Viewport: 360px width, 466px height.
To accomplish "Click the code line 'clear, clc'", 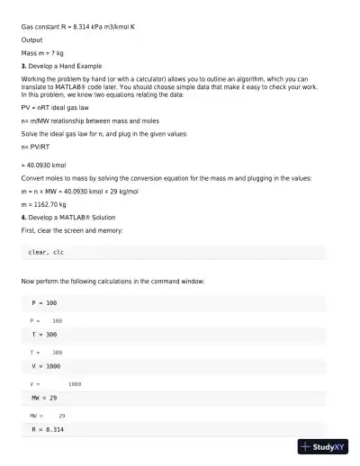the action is pyautogui.click(x=45, y=253).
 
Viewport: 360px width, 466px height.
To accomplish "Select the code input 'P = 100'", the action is pyautogui.click(x=44, y=303).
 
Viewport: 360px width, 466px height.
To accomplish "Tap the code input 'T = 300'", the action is pyautogui.click(x=44, y=335).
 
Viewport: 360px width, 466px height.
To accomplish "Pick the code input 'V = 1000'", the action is pyautogui.click(x=46, y=366).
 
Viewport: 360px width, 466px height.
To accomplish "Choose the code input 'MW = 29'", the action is pyautogui.click(x=44, y=397).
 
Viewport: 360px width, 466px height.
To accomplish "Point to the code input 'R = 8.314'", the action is pyautogui.click(x=48, y=430).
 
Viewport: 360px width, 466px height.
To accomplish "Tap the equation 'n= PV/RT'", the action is pyautogui.click(x=36, y=145).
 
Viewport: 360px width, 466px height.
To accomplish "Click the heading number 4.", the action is pyautogui.click(x=23, y=218).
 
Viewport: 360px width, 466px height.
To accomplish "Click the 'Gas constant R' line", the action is pyautogui.click(x=78, y=27).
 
